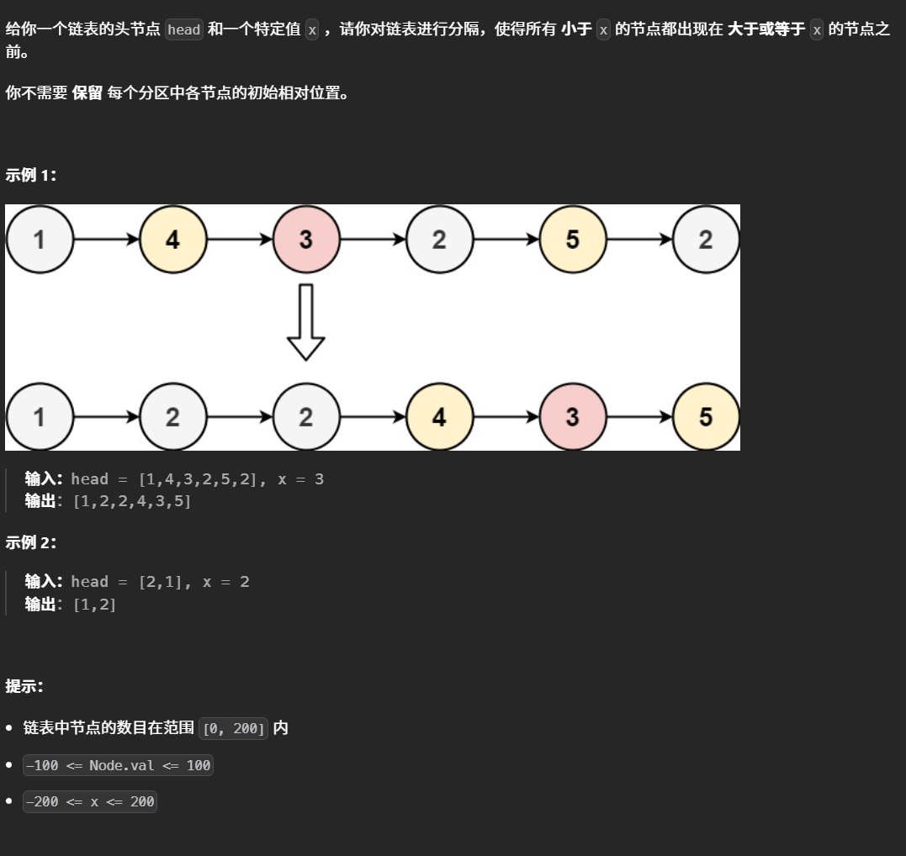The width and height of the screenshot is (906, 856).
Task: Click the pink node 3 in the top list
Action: tap(306, 240)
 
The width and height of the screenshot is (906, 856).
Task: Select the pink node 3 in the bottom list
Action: tap(573, 417)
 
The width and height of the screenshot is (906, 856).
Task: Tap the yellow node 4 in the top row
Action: tap(172, 240)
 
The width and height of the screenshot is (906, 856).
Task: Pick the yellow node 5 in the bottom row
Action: tap(706, 417)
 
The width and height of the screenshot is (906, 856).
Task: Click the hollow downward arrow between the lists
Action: tap(306, 322)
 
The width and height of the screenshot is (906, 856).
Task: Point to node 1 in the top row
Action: tap(40, 240)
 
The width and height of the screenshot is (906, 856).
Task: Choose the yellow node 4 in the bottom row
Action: tap(439, 417)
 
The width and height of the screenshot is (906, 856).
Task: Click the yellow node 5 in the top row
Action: tap(573, 240)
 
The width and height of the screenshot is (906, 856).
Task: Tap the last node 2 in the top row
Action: tap(706, 240)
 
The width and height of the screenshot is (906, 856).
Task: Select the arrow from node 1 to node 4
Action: tap(106, 240)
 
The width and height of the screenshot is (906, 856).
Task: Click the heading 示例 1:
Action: tap(31, 175)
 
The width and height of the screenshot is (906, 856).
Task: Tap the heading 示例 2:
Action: tap(31, 542)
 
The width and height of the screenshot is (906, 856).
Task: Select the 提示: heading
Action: tap(24, 685)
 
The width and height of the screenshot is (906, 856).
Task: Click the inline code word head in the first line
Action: tap(183, 30)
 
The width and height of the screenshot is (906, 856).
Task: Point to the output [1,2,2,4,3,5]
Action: tap(132, 501)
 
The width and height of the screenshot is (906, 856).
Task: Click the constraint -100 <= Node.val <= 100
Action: tap(118, 765)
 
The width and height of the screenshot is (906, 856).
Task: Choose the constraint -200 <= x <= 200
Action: tap(90, 801)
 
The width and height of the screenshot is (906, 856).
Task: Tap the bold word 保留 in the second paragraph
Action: tap(87, 93)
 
